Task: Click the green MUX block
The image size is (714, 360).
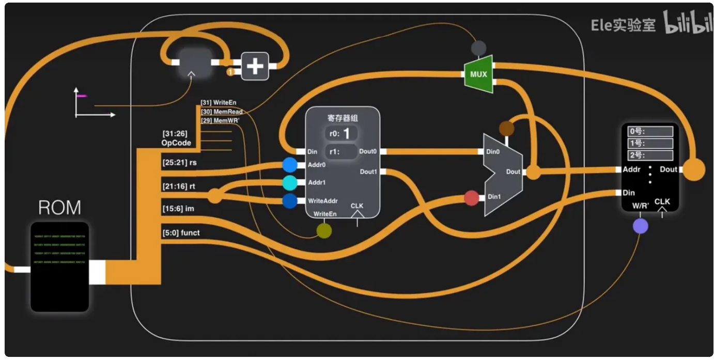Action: [x=478, y=74]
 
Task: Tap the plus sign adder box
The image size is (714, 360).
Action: [x=255, y=66]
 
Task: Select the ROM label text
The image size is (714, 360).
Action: [x=59, y=208]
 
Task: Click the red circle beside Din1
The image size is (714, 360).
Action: [x=471, y=198]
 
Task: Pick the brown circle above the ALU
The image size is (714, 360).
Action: [x=506, y=129]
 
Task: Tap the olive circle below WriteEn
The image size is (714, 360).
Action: [x=324, y=231]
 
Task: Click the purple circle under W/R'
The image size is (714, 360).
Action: [x=640, y=226]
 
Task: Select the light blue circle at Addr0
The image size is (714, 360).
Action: [x=290, y=165]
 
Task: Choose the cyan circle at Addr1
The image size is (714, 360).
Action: [x=290, y=183]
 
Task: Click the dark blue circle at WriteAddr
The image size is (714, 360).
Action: [x=290, y=201]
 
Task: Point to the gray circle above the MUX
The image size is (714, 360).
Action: [x=478, y=48]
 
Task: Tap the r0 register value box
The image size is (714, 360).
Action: [x=341, y=133]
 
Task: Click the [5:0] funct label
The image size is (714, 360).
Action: [x=181, y=233]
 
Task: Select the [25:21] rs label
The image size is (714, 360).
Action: [x=180, y=163]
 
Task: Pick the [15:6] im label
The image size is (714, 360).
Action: [x=178, y=209]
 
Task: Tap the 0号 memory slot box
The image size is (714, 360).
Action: [x=650, y=131]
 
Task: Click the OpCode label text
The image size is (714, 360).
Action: [x=176, y=143]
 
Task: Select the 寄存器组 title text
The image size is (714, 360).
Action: [x=343, y=118]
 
